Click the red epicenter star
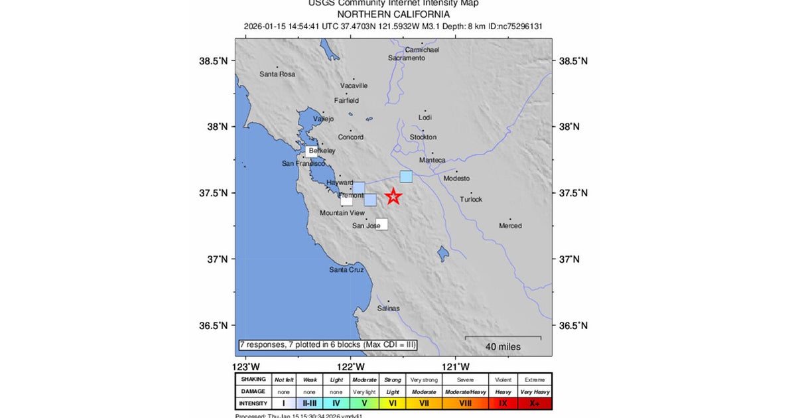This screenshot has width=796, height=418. (394, 196)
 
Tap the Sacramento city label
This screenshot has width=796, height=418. (407, 58)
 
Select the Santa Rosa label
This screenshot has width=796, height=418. (277, 74)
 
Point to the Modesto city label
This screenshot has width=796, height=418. (456, 178)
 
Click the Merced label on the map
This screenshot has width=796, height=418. (510, 226)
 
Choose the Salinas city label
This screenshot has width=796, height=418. (389, 308)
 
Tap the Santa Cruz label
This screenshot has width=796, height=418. (347, 269)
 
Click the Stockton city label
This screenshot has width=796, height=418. (423, 137)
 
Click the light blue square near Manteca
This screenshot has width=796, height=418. (406, 176)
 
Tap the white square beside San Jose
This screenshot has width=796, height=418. (381, 224)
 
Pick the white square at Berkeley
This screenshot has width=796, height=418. (311, 151)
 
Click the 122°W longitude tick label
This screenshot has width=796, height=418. (351, 366)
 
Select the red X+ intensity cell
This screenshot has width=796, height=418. (535, 403)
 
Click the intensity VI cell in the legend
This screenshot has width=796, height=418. (393, 403)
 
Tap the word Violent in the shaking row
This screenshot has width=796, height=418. (503, 380)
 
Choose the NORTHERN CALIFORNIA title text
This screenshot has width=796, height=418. (393, 14)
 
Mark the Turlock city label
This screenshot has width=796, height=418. (472, 199)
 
